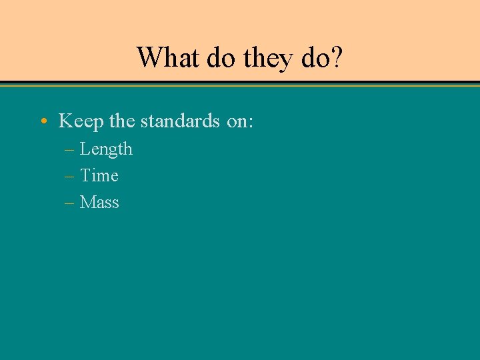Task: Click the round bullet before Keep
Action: click(43, 121)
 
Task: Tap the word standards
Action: click(180, 121)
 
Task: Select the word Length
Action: click(106, 149)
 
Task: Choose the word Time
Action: click(99, 176)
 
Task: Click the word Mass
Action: click(99, 203)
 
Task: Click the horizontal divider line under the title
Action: click(240, 85)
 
